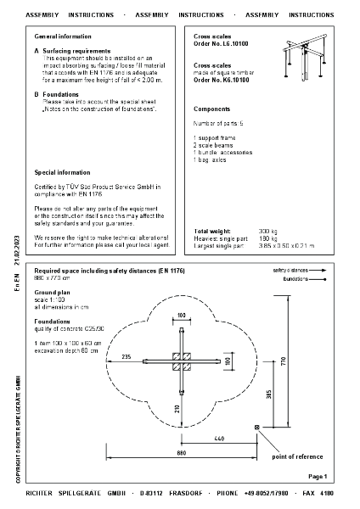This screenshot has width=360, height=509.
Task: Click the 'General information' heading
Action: coord(63,37)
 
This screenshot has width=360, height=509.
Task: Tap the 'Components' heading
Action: coord(212,109)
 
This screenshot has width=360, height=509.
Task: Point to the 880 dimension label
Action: coord(181,453)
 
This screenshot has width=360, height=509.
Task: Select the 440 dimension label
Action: coord(218,438)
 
